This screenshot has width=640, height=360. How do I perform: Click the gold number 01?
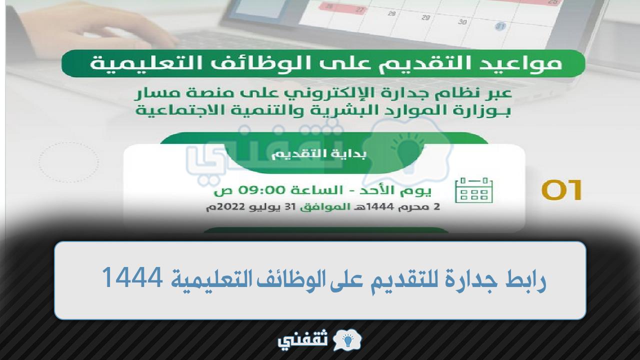(561, 190)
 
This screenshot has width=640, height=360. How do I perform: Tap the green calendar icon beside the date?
(474, 190)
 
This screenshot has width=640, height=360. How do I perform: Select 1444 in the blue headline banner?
(132, 277)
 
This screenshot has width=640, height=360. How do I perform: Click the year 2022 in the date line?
(231, 207)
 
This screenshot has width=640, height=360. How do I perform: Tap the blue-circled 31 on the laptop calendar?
(500, 26)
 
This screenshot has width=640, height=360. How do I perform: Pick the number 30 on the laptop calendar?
(462, 22)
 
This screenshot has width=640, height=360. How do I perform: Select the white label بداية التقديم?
(319, 154)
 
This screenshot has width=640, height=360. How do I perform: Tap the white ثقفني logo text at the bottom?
(302, 340)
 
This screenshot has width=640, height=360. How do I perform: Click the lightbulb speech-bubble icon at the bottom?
(347, 340)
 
